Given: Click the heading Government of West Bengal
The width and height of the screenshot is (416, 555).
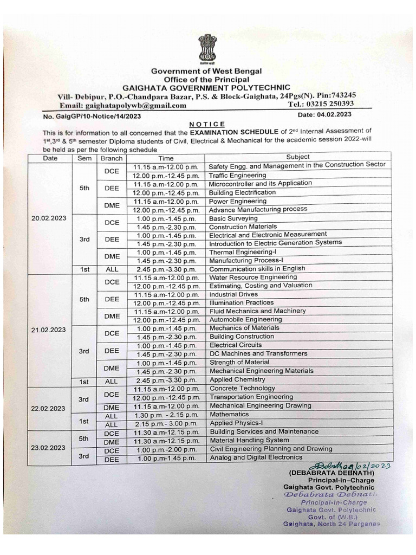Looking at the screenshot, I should (206, 71).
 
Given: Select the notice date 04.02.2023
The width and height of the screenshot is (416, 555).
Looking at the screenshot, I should (324, 114).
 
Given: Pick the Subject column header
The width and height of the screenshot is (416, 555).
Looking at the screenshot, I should (297, 157).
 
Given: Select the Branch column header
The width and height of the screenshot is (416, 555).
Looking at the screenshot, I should (111, 159).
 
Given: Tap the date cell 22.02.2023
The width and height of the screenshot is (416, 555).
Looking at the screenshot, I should (49, 408).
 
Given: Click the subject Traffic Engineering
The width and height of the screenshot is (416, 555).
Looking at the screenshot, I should (237, 176).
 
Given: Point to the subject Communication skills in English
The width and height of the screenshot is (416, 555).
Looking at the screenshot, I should (257, 269).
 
